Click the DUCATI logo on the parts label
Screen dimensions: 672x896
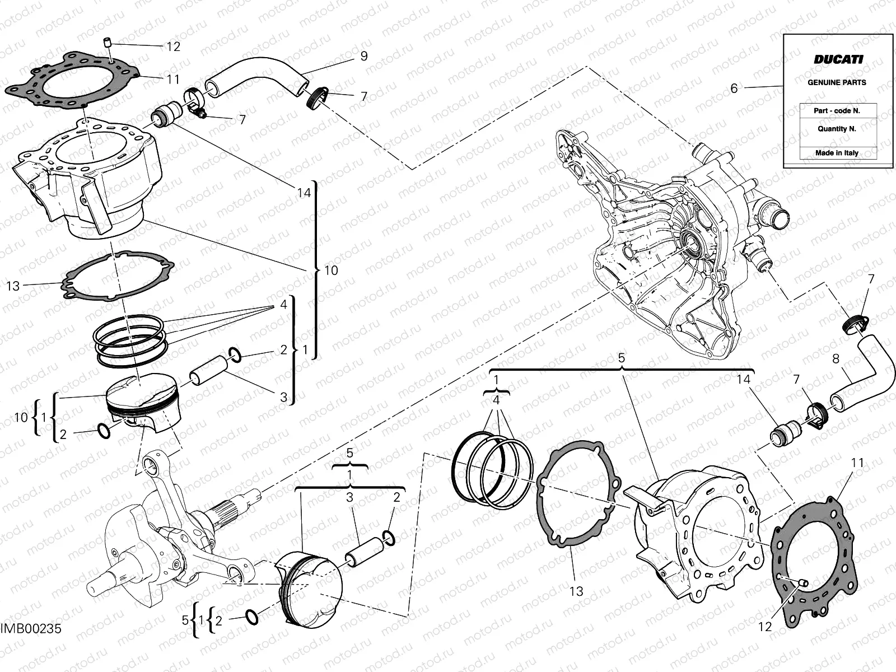[x=838, y=59]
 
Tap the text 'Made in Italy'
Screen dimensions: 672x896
[x=837, y=153]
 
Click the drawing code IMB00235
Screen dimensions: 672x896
[x=31, y=629]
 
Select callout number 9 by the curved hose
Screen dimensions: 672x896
[x=364, y=56]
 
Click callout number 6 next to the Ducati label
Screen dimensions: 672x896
[x=734, y=88]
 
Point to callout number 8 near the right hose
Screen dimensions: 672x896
[x=836, y=358]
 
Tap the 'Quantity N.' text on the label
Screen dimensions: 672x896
[x=837, y=128]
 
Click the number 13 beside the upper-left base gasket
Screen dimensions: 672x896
[x=13, y=286]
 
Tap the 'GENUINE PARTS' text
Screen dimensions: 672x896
[x=837, y=82]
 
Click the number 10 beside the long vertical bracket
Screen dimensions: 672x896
[x=331, y=270]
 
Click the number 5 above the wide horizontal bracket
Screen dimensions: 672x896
[x=621, y=358]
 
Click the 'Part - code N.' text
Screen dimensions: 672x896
[x=837, y=111]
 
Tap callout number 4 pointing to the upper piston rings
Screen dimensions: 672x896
[x=284, y=305]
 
